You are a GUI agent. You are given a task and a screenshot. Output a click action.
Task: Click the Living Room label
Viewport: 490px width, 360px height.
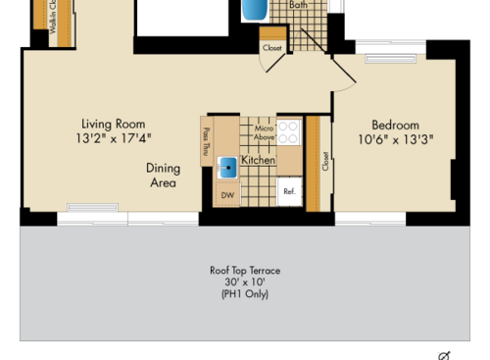pyautogui.click(x=113, y=125)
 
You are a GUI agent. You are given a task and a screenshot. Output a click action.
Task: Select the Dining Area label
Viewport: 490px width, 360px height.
pyautogui.click(x=163, y=175)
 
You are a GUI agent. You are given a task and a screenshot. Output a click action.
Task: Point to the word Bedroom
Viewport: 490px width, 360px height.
pyautogui.click(x=395, y=125)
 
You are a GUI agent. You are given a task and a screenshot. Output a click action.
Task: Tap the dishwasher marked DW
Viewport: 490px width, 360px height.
pyautogui.click(x=227, y=194)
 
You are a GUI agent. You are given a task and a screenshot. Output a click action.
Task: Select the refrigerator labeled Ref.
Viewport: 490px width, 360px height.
pyautogui.click(x=289, y=192)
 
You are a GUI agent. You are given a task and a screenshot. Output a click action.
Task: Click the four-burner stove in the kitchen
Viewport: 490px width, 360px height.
pyautogui.click(x=288, y=132)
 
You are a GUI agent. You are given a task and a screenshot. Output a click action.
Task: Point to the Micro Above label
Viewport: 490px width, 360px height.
pyautogui.click(x=264, y=133)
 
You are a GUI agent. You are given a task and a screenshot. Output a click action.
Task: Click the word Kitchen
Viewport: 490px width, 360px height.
pyautogui.click(x=258, y=159)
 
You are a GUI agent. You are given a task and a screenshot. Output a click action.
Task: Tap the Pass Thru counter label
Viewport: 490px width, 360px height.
pyautogui.click(x=206, y=141)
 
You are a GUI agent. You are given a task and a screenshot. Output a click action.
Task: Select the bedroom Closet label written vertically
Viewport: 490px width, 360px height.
pyautogui.click(x=324, y=161)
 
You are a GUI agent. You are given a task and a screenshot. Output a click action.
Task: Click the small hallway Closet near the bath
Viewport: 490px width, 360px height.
pyautogui.click(x=271, y=47)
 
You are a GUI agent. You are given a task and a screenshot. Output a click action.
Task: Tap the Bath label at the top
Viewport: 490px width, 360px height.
pyautogui.click(x=299, y=4)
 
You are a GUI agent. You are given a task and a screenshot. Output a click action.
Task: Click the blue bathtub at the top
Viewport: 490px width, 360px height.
pyautogui.click(x=254, y=10)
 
